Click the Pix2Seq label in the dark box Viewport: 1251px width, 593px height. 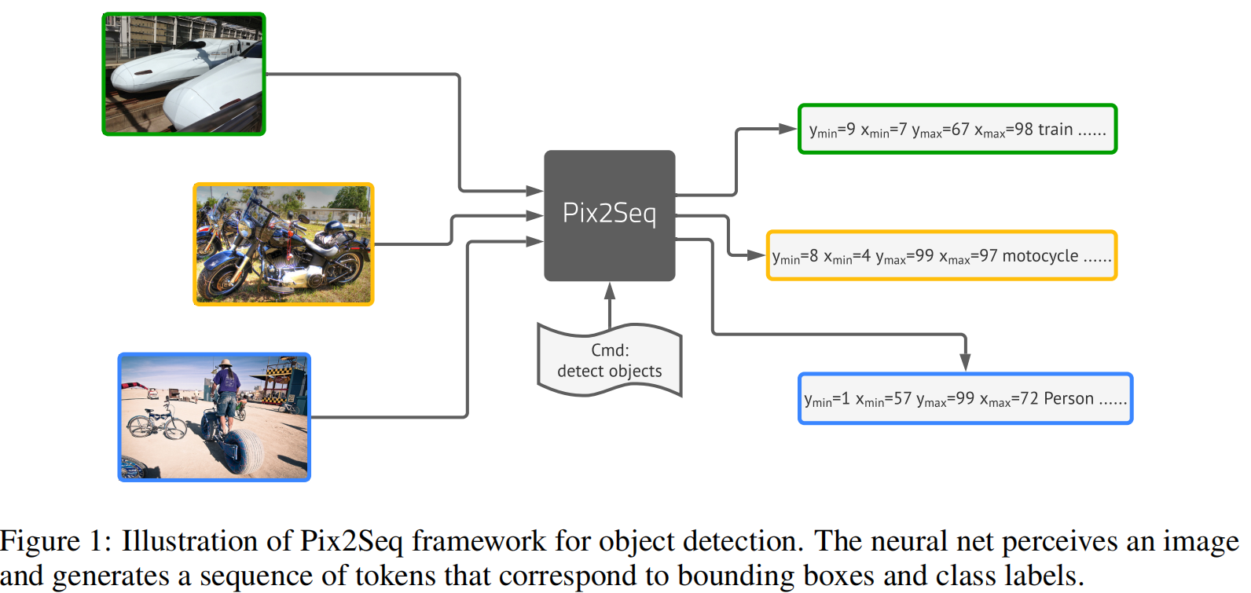pos(609,214)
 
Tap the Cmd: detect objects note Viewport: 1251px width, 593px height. pos(609,361)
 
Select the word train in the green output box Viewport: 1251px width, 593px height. pos(1055,130)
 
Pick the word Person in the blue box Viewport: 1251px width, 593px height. pos(1069,398)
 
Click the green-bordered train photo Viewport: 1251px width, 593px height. pos(184,75)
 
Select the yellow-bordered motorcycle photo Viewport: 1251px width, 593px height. pos(283,244)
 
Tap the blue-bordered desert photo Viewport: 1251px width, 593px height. pos(214,416)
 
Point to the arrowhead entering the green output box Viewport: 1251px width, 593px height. pos(788,129)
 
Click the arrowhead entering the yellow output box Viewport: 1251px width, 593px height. pos(756,255)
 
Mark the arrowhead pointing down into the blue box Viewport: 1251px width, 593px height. pos(965,362)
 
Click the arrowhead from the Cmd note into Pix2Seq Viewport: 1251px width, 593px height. pos(609,291)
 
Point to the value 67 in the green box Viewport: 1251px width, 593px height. pos(960,130)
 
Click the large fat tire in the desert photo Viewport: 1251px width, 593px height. pos(245,452)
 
